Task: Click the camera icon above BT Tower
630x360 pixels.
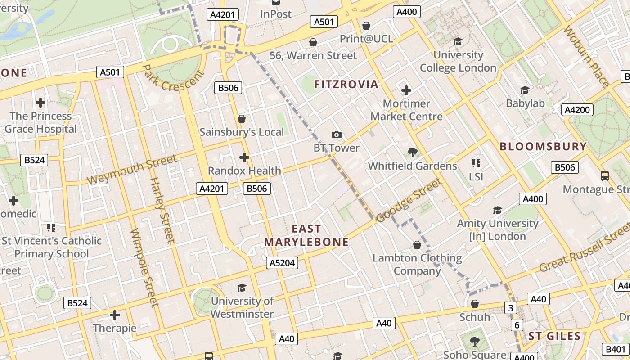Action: [336, 135]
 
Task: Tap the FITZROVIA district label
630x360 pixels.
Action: [346, 84]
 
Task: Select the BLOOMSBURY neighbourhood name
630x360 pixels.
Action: [543, 146]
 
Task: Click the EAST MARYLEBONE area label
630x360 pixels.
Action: [306, 235]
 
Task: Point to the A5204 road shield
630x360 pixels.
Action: [282, 263]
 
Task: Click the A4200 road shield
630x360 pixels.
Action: [577, 110]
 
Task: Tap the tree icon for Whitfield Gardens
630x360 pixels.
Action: [412, 153]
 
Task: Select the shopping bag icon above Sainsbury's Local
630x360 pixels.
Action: [242, 119]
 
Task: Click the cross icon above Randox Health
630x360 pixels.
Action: [244, 157]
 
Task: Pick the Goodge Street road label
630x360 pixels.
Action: [409, 200]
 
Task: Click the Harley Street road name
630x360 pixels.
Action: [162, 210]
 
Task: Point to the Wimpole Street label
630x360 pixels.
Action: [144, 267]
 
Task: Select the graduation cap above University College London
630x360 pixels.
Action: [458, 41]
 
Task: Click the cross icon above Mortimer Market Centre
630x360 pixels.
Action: [406, 90]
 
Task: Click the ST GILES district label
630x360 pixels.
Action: [554, 336]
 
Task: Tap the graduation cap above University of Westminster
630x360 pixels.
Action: [242, 288]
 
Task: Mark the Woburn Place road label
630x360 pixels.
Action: [586, 57]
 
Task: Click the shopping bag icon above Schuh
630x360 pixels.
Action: [474, 304]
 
